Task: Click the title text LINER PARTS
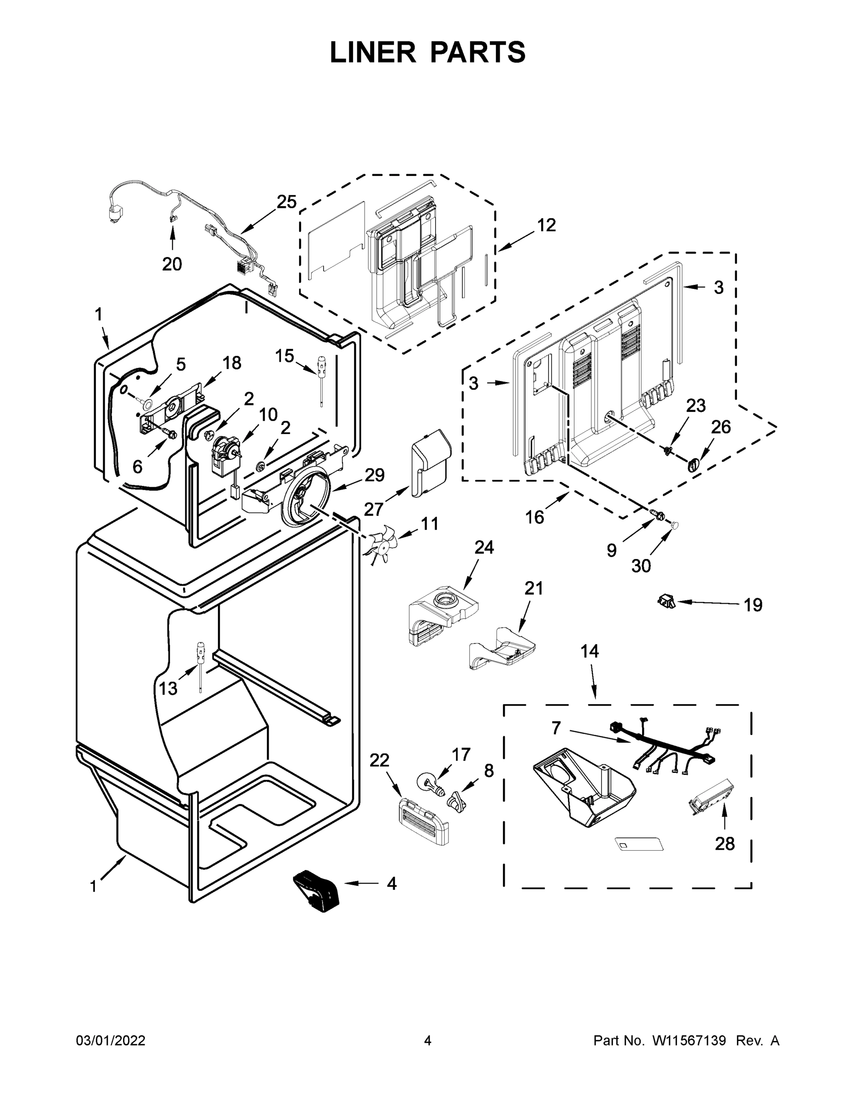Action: [x=428, y=52]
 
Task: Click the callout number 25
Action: [x=286, y=202]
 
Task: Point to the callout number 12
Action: [x=546, y=225]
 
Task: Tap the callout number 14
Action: [x=590, y=651]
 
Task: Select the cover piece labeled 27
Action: [x=430, y=462]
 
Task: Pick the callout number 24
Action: [x=484, y=547]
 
